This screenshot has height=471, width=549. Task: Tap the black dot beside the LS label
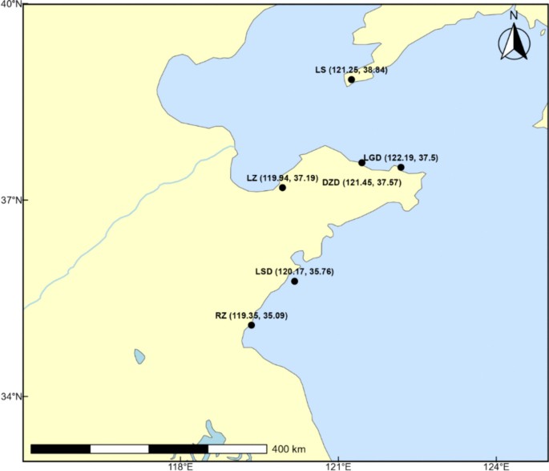coord(351,79)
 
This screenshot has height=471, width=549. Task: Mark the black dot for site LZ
coord(282,188)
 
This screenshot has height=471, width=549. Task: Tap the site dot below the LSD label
coord(294,281)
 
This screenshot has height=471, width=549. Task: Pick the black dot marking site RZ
coord(251,325)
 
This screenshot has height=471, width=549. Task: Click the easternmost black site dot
coord(401,167)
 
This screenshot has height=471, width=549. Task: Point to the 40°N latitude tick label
coord(11,5)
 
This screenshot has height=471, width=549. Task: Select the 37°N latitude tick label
coord(11,200)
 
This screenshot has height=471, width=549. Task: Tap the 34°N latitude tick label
coord(11,396)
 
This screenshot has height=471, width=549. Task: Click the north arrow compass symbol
coord(514,40)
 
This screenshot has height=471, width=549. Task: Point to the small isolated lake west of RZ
coord(139,355)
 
